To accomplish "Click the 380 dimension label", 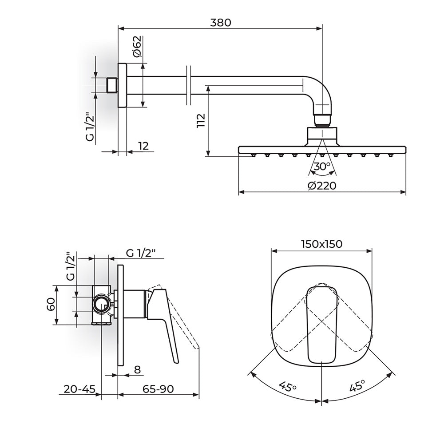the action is [221, 22].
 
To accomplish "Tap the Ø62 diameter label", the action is [137, 47].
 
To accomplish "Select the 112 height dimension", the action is [201, 121].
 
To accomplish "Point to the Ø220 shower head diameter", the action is [322, 186].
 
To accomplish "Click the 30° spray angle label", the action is [322, 166].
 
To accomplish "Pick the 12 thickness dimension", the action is [143, 146].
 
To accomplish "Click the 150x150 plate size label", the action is [321, 244].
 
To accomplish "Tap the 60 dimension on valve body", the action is [51, 305].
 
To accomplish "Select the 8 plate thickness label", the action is [137, 369].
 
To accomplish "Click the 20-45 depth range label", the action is [79, 389].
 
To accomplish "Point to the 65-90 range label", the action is [158, 389].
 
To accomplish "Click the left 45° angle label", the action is [287, 387].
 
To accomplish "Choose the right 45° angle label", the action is [357, 386].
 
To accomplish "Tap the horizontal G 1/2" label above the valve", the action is [141, 253].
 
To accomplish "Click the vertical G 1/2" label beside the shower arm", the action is [90, 127].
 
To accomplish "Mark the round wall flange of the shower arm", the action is [123, 85].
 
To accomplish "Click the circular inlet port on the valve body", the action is [101, 305].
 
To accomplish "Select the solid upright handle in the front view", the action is [321, 325].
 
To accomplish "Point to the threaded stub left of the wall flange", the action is [112, 85].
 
